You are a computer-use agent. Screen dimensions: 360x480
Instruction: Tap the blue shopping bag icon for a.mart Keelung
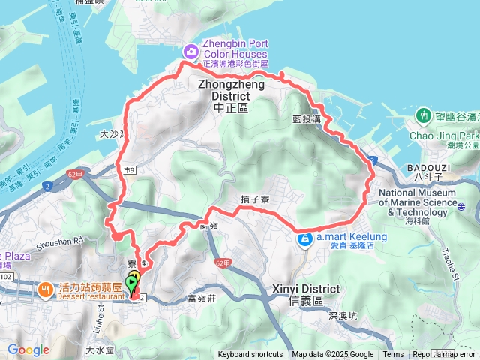coord(304,240)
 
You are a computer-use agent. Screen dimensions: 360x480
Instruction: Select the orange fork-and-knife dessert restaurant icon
coord(46,289)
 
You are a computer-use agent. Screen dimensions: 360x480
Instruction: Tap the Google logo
coord(28,349)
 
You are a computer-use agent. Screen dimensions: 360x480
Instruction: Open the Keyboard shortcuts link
coord(250,355)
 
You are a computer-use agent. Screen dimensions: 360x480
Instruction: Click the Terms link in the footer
coord(393,355)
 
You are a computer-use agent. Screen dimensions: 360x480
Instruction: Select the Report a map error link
coord(444,355)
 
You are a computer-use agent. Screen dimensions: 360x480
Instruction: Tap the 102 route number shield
coord(7,276)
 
